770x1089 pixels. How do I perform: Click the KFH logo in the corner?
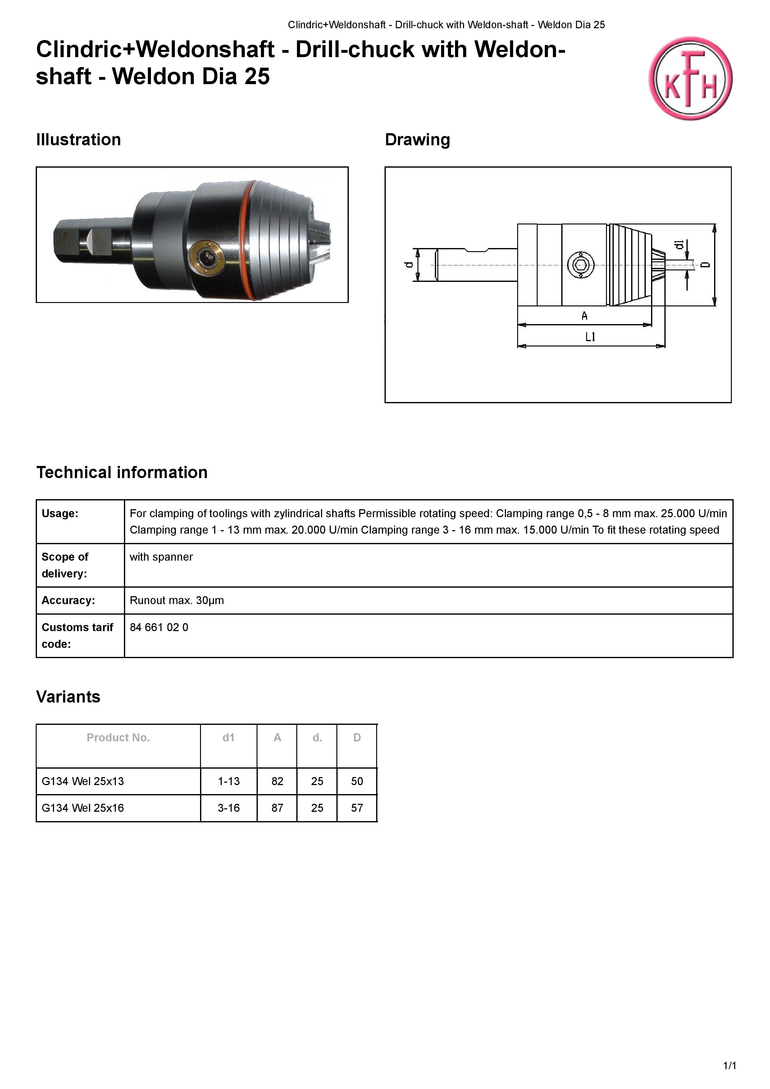point(690,78)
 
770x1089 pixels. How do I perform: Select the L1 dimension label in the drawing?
point(590,337)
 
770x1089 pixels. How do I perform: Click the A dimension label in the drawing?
point(585,315)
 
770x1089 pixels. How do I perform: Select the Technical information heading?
point(122,472)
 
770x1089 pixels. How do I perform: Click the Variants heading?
point(68,697)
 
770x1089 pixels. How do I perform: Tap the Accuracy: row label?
point(68,600)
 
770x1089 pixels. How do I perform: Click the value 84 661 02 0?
point(159,627)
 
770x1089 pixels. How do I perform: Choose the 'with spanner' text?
point(161,557)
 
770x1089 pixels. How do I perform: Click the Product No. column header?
point(118,738)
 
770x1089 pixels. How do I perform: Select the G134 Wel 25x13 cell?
point(83,781)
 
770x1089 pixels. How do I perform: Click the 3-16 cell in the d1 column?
point(229,808)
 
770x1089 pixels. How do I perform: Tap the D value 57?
point(357,808)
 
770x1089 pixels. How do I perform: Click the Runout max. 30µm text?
point(176,600)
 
